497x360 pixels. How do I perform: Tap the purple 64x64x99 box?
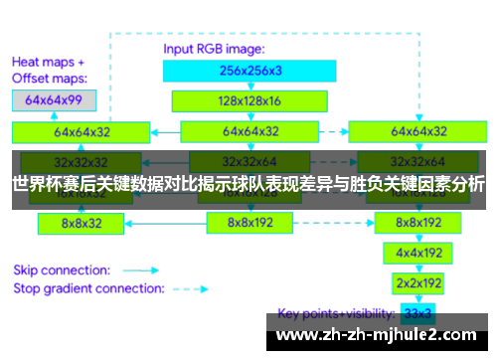click(54, 99)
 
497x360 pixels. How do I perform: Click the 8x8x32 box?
click(82, 224)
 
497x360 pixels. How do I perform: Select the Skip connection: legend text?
click(61, 270)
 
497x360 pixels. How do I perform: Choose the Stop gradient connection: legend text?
click(88, 288)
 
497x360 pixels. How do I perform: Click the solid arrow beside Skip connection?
click(140, 270)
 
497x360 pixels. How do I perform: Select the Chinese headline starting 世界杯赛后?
click(248, 184)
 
